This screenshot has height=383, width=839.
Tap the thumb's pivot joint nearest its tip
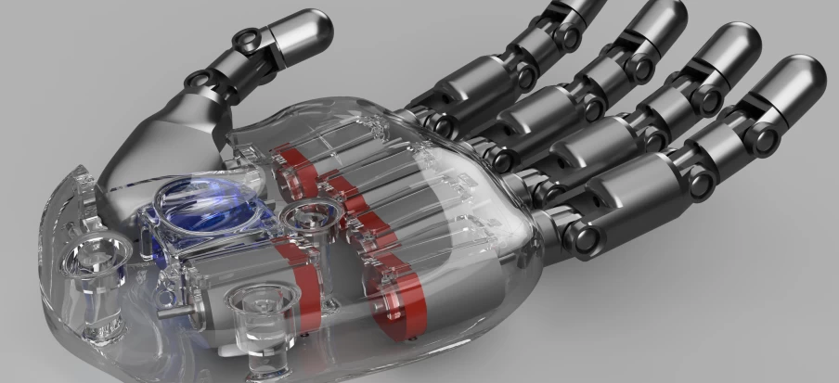click(246, 39)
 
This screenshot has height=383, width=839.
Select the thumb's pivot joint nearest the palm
click(198, 81)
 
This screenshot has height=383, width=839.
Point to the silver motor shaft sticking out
click(174, 313)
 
